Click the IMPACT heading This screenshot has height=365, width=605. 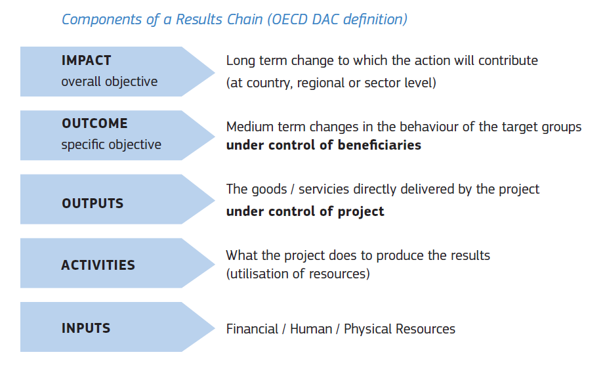[87, 60]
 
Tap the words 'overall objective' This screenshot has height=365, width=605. [110, 81]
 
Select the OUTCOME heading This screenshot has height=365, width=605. [94, 123]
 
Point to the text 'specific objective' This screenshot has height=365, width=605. [112, 144]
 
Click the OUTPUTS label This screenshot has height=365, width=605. [93, 204]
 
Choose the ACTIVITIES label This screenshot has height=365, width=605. [98, 265]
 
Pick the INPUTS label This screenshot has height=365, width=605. [86, 328]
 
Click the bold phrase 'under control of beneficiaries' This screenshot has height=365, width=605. [323, 145]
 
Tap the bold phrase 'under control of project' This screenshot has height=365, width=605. [305, 211]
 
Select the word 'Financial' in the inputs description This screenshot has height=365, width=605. [252, 329]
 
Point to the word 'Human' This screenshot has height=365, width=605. [311, 329]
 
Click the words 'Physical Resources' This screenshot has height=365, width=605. [400, 329]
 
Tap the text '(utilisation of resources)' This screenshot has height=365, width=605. [298, 274]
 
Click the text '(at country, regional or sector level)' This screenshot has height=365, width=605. [331, 83]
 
